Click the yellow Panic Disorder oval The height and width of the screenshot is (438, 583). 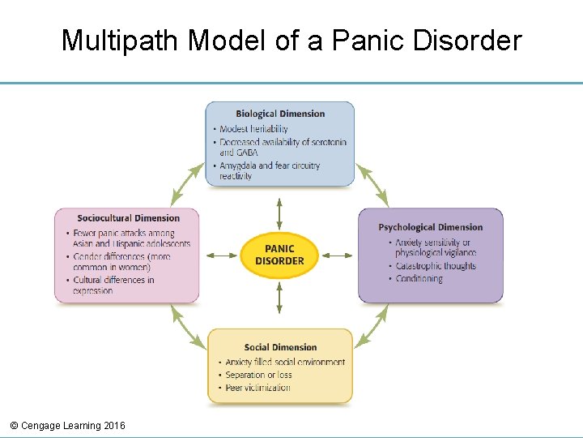(279, 255)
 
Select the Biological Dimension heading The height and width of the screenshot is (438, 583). (280, 114)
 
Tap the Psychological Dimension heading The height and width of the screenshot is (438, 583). (430, 227)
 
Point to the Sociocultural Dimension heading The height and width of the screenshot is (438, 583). (128, 217)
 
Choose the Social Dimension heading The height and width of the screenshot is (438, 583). (280, 347)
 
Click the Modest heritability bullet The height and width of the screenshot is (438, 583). (253, 128)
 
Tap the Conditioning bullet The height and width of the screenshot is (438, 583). (419, 278)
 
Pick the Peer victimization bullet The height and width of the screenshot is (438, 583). (257, 388)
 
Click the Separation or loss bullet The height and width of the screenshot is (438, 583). (258, 375)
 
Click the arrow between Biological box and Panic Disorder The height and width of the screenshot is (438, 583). (279, 213)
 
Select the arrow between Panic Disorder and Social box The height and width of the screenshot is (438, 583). (279, 298)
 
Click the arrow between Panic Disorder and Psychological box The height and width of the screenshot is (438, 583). (337, 255)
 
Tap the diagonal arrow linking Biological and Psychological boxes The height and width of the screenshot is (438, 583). (372, 185)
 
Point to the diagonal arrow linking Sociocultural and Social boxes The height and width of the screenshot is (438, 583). (188, 327)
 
